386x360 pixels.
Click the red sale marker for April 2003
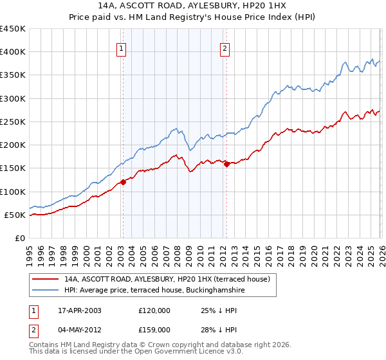(123, 182)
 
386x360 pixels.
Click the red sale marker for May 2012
(226, 164)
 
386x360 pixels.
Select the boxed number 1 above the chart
(122, 47)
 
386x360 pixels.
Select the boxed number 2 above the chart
(225, 47)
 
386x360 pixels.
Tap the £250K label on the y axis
(13, 122)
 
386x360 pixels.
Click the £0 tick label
(19, 238)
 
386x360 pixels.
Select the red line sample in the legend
(46, 279)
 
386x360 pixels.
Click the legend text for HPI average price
(154, 291)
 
